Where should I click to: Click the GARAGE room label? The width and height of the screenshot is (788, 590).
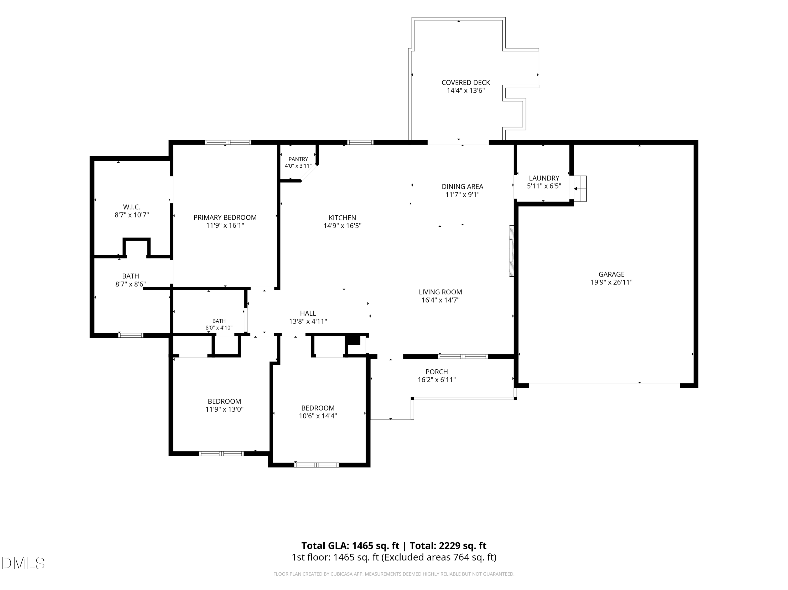click(x=611, y=274)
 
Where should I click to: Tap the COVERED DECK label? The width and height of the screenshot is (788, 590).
click(x=466, y=83)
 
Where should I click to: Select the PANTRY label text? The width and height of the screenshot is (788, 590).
click(x=298, y=159)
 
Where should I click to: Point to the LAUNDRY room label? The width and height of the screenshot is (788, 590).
click(x=544, y=178)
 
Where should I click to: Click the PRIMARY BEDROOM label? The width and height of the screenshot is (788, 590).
click(x=225, y=217)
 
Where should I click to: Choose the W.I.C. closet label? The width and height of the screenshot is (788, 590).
click(x=132, y=207)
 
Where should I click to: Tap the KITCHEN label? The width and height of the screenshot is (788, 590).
click(x=342, y=218)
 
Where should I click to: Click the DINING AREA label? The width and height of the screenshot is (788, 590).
click(x=462, y=187)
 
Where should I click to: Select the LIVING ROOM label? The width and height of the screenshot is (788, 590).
click(x=440, y=292)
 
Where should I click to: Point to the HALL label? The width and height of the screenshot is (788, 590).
click(x=308, y=313)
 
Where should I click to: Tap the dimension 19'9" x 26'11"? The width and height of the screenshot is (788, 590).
click(x=611, y=282)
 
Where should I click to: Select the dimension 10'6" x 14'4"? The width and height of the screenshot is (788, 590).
click(x=318, y=416)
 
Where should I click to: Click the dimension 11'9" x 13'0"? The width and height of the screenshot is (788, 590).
click(x=224, y=409)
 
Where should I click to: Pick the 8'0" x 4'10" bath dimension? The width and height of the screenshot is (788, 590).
click(x=219, y=328)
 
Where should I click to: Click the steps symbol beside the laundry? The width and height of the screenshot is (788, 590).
click(x=580, y=189)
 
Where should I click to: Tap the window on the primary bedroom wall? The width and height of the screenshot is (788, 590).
click(x=228, y=142)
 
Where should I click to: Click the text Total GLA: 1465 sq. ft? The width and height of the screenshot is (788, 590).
click(x=350, y=545)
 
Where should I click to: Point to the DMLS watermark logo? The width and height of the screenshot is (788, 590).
click(x=23, y=563)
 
